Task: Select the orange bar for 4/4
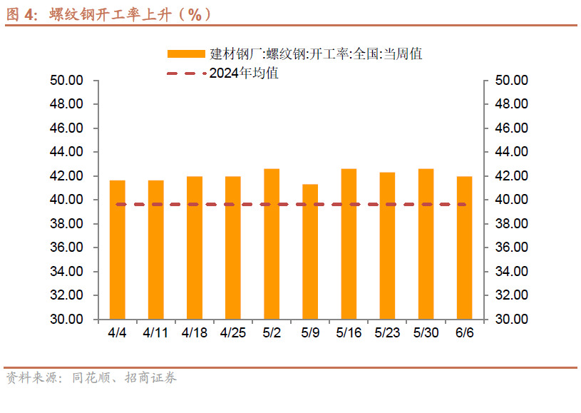117,250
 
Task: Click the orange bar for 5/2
271,244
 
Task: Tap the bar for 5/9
310,252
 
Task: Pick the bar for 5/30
426,244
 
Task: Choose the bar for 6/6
464,248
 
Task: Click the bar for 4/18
195,248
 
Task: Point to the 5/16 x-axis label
349,333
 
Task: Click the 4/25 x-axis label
233,333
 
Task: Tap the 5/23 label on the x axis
387,333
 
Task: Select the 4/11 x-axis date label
155,333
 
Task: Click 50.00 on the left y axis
67,80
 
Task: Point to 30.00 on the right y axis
510,319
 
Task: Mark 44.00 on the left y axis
67,152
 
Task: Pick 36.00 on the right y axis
510,248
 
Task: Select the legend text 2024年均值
244,73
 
